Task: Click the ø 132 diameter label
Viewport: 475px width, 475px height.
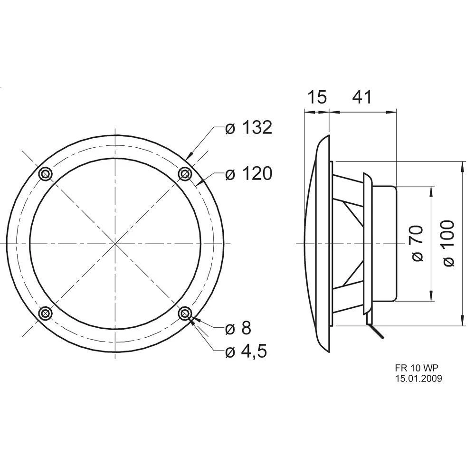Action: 248,128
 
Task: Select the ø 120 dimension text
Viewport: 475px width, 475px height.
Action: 248,174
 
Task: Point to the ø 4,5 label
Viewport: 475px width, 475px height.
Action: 246,351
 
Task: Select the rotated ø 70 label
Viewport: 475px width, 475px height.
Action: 416,243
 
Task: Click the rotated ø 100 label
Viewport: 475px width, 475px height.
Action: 448,243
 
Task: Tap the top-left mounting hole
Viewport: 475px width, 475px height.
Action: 45,174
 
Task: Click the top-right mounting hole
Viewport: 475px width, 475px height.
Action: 185,175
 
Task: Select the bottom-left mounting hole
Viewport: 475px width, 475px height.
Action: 46,313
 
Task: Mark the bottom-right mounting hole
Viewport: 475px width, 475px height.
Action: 185,313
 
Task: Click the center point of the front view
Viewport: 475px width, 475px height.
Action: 115,244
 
